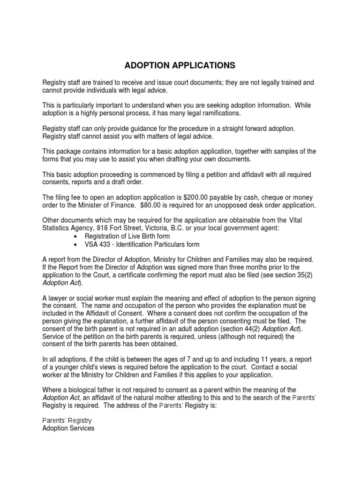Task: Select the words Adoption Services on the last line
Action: tap(68, 428)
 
